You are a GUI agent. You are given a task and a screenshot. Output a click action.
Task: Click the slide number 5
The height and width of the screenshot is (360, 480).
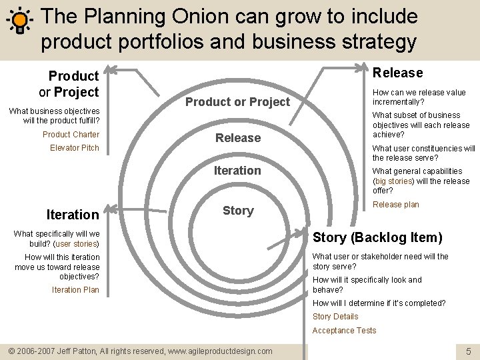click(469, 351)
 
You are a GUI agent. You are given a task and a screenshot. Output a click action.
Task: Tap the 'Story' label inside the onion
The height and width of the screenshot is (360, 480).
click(238, 211)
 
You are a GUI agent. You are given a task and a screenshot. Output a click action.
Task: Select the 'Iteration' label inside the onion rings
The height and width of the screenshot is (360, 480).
click(237, 171)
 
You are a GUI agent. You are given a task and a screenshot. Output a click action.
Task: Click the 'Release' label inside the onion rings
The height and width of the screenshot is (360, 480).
click(238, 138)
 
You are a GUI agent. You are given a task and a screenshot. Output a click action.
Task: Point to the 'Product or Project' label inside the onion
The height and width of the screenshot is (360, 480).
click(238, 102)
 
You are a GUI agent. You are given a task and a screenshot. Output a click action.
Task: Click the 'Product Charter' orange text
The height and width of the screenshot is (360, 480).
click(71, 135)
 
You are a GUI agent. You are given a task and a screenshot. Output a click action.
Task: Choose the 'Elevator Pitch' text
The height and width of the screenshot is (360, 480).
click(75, 148)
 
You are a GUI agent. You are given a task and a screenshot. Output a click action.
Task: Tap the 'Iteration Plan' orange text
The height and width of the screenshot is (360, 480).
click(75, 290)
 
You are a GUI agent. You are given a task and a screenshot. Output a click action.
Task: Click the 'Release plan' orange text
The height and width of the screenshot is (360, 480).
click(396, 205)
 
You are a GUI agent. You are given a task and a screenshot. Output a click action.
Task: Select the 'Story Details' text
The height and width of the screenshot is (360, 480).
click(335, 317)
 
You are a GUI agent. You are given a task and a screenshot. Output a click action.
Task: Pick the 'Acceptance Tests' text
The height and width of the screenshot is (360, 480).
click(344, 331)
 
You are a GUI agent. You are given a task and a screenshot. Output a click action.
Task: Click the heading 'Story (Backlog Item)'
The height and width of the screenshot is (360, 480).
click(377, 237)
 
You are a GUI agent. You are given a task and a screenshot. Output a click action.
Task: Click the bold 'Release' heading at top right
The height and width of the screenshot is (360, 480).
click(397, 73)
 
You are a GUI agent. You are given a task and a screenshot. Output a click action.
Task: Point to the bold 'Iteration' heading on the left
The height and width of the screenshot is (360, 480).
click(73, 215)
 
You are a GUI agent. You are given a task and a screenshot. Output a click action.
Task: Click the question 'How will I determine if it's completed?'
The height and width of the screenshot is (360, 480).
click(379, 303)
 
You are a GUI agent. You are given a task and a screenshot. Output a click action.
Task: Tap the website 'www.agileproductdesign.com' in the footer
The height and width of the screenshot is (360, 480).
click(221, 351)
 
